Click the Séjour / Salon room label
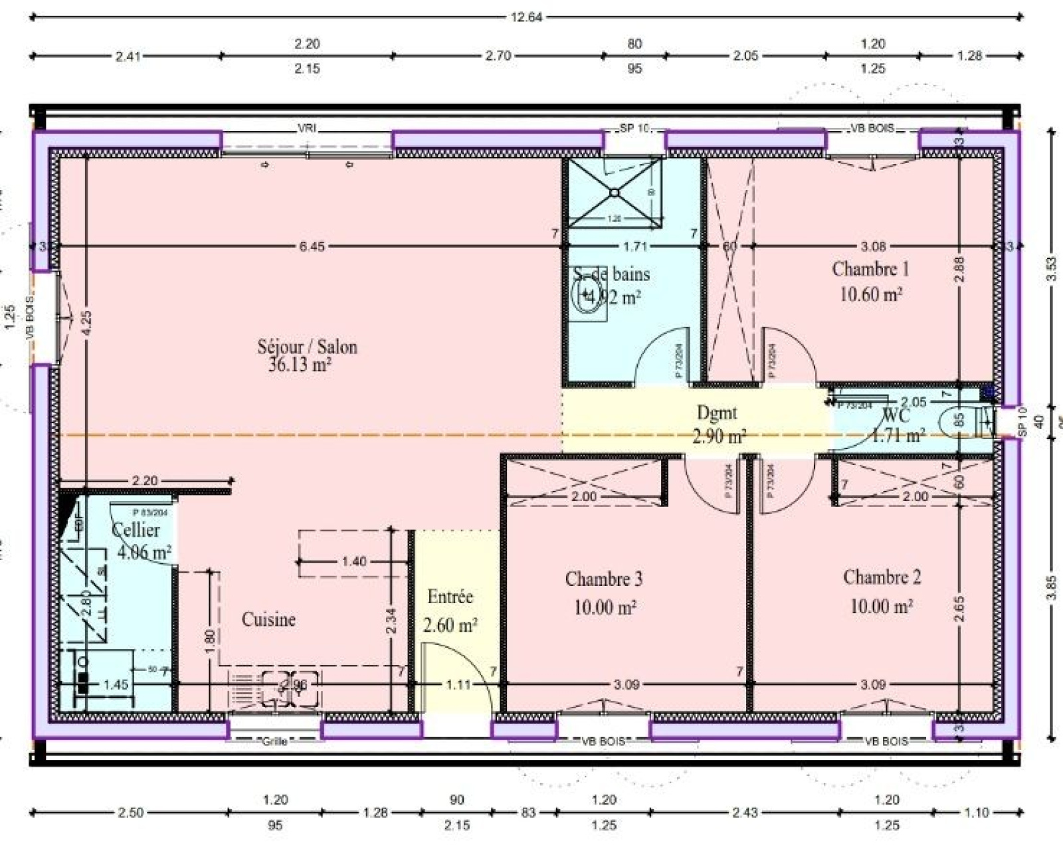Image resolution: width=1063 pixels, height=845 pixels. click(x=307, y=347)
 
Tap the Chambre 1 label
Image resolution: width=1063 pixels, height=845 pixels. click(x=870, y=269)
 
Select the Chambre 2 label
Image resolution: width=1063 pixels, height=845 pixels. click(x=882, y=577)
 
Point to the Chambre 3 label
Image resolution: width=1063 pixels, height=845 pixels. click(x=603, y=579)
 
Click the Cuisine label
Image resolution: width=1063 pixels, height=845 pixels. click(x=268, y=619)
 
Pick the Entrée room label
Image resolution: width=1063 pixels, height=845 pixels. click(x=450, y=597)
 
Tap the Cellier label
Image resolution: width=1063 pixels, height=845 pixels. click(x=136, y=530)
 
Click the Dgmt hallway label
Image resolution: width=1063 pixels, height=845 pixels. click(x=716, y=413)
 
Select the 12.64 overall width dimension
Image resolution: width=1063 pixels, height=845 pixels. click(x=526, y=17)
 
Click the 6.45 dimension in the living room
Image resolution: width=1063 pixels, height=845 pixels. click(x=312, y=246)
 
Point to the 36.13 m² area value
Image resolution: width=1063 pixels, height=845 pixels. click(x=300, y=364)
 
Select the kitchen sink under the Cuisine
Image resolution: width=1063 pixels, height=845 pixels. click(x=290, y=688)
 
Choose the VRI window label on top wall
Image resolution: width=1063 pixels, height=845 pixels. click(x=307, y=128)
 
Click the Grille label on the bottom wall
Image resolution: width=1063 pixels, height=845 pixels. click(x=274, y=741)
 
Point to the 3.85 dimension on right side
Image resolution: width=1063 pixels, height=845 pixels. click(x=1050, y=587)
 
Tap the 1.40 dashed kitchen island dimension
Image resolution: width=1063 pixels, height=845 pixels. click(x=353, y=561)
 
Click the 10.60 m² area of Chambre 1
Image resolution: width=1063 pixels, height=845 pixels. click(x=870, y=294)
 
